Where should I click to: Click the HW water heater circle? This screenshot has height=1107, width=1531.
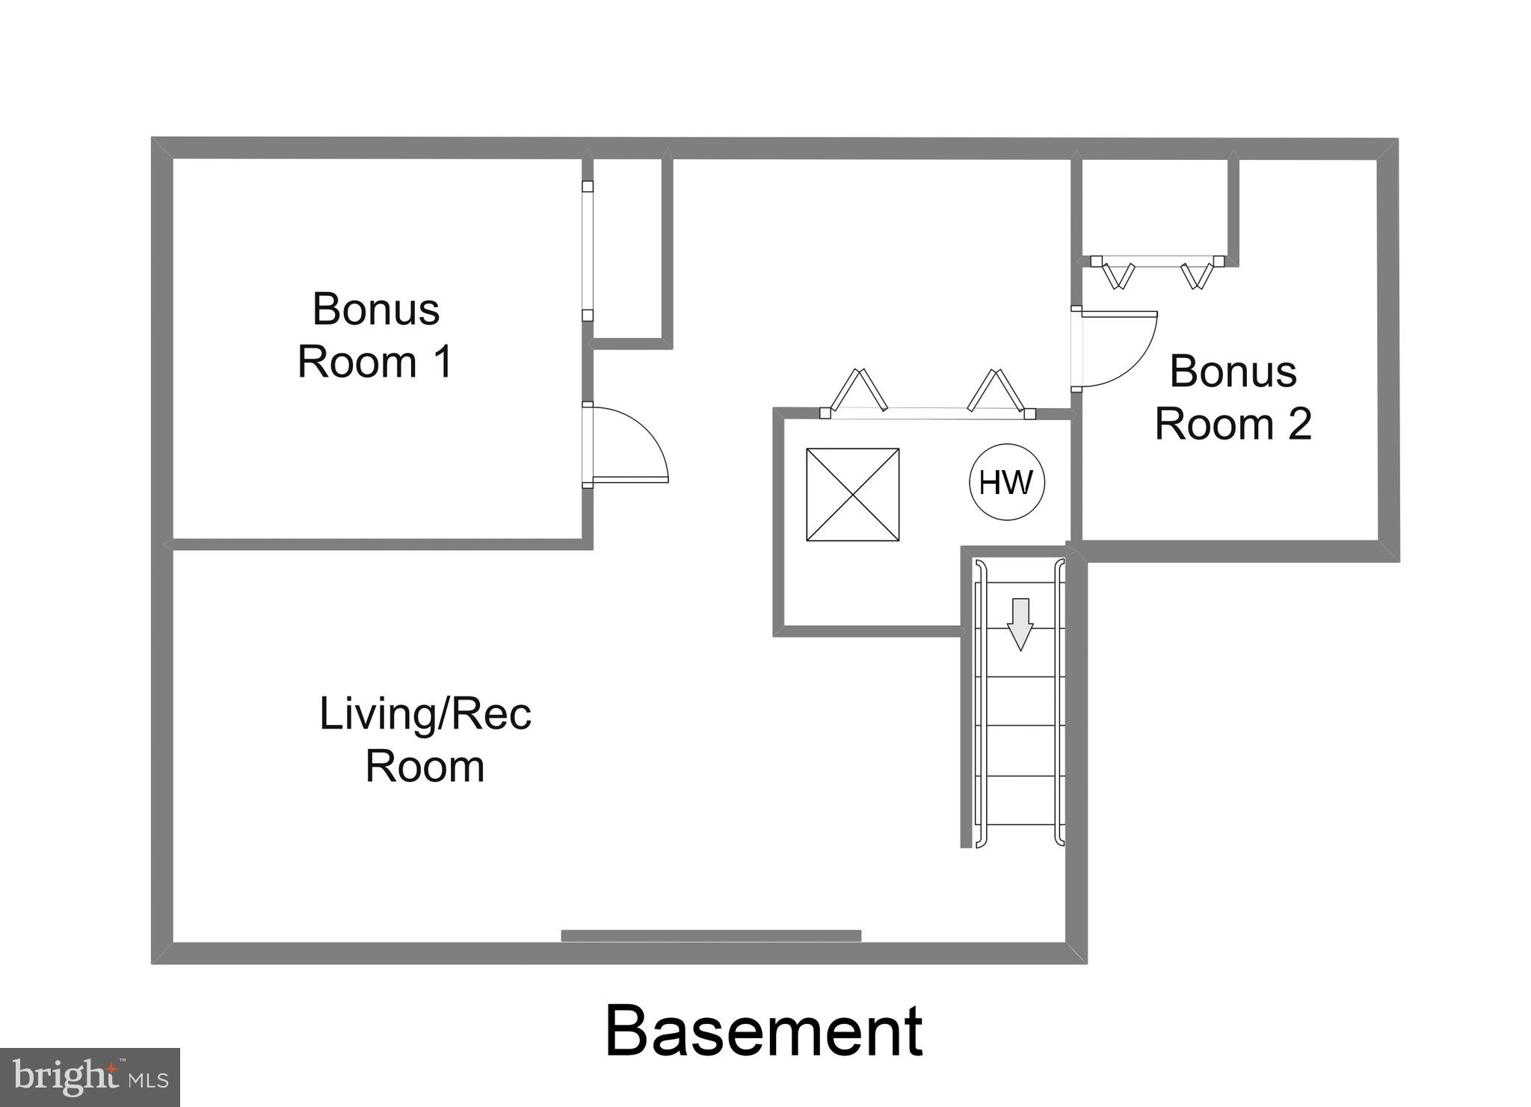1006,483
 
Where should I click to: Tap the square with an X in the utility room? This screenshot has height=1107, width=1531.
852,494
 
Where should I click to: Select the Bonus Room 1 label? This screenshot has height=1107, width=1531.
375,335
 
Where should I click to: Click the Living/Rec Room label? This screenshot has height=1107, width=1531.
425,739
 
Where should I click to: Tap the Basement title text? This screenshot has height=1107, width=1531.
763,1032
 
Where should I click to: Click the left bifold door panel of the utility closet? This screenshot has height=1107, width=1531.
858,389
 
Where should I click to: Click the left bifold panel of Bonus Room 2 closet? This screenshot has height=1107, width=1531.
1118,275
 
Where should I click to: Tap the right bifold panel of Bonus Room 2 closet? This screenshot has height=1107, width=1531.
1196,275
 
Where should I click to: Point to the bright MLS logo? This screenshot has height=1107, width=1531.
90,1077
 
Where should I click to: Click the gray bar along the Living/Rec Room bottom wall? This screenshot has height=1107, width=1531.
710,935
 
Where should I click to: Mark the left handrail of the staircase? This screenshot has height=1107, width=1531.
980,703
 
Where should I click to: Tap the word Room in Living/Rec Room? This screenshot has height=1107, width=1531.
425,766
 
